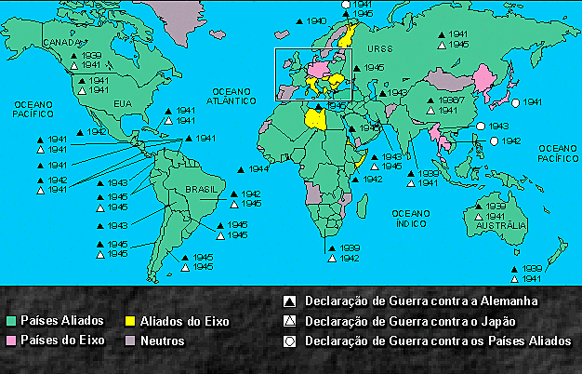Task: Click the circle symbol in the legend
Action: click(290, 341)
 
